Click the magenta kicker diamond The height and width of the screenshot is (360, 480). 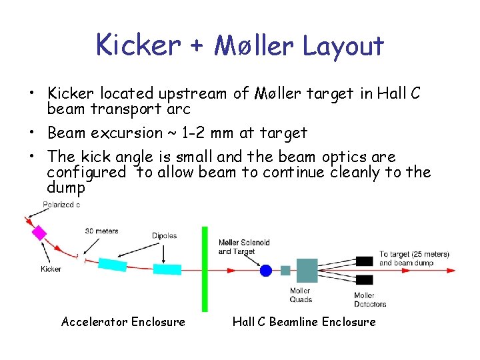[39, 233]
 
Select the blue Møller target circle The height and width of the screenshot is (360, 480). [266, 270]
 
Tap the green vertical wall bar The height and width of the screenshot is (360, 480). [205, 269]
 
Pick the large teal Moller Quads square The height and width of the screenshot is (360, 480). [306, 270]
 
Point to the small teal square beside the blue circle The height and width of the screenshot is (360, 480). [285, 270]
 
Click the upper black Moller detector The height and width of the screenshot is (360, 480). [364, 261]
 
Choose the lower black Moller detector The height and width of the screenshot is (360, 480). [364, 279]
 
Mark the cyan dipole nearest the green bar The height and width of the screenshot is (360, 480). [167, 269]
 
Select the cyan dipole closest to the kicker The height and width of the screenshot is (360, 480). [113, 264]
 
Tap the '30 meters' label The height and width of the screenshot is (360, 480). [101, 231]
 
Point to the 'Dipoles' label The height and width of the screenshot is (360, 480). [163, 235]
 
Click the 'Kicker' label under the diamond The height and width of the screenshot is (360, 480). [51, 269]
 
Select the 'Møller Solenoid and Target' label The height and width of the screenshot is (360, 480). [244, 247]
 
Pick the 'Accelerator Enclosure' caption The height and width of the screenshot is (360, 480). [123, 322]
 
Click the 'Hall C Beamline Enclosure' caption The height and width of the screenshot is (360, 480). [304, 322]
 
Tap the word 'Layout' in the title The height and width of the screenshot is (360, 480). [343, 46]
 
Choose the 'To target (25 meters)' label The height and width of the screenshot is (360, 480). [414, 255]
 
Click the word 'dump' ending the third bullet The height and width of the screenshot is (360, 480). [65, 189]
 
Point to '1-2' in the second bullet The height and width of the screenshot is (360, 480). [202, 133]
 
